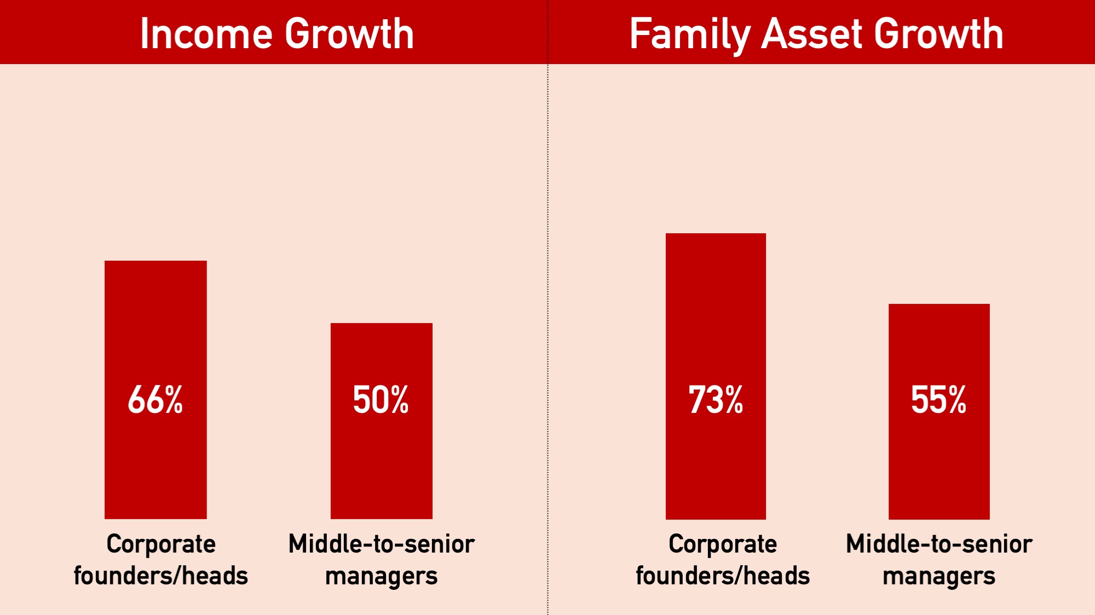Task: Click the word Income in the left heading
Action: click(206, 34)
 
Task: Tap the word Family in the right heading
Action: click(689, 34)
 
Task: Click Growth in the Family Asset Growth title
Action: click(938, 34)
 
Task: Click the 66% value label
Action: click(155, 400)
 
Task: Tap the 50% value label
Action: click(381, 400)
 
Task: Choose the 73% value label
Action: click(716, 400)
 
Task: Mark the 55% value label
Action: click(939, 400)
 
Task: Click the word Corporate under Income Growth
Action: click(161, 544)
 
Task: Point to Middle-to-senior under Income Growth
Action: click(381, 544)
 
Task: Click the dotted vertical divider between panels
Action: click(547, 329)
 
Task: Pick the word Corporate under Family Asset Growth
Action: click(723, 544)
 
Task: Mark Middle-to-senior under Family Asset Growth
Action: click(939, 544)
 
